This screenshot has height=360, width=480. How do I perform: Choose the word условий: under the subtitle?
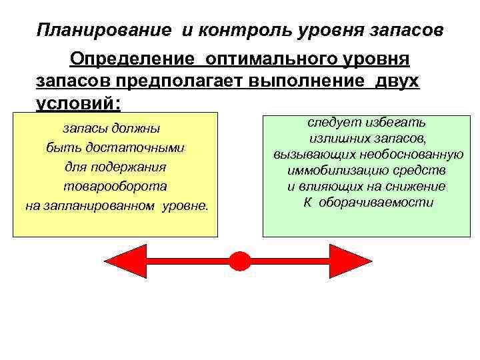coord(79,104)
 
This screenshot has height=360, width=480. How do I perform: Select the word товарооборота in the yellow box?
coord(115,186)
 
